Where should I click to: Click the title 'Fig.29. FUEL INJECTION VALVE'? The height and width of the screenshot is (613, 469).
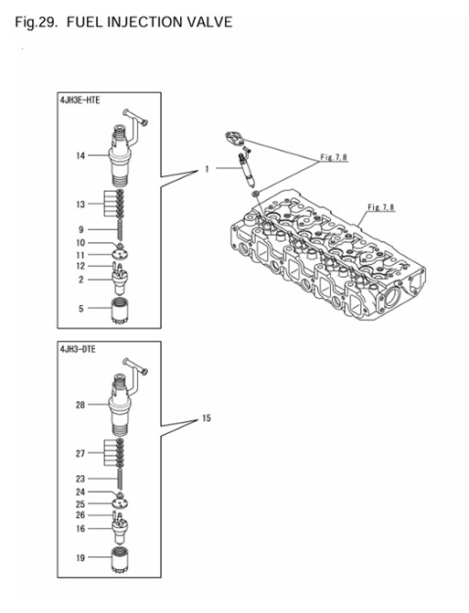pos(123,20)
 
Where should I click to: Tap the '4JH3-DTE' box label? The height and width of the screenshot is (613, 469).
pos(79,349)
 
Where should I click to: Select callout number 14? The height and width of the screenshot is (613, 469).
pos(80,156)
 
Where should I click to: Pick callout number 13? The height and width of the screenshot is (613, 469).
pos(80,205)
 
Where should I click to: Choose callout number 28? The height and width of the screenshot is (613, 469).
pos(80,404)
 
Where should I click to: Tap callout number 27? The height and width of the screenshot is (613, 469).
pos(80,453)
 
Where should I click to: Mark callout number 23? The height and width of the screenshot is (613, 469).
pos(80,478)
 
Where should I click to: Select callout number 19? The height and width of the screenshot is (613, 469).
pos(80,556)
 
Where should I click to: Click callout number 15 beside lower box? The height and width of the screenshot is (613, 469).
pos(207,418)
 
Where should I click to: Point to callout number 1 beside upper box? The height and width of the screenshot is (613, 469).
pos(208,169)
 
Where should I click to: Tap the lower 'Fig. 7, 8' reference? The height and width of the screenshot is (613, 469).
pos(380,207)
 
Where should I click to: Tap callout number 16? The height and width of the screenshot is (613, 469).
pos(80,528)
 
